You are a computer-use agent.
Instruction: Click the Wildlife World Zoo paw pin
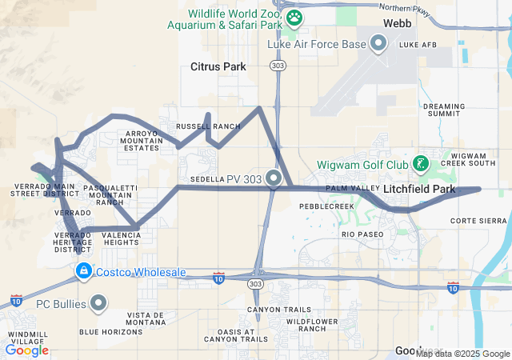click(x=294, y=17)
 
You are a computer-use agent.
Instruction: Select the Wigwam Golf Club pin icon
click(x=419, y=165)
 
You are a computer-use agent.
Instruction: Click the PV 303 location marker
click(x=274, y=178)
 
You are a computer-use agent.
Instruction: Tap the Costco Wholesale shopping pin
click(x=83, y=272)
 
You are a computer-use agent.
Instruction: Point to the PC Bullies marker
click(x=98, y=303)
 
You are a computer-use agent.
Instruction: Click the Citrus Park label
click(x=218, y=67)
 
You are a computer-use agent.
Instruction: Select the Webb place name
click(x=398, y=23)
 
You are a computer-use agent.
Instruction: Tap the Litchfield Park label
click(x=419, y=190)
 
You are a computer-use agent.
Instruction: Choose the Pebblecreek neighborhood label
click(x=326, y=206)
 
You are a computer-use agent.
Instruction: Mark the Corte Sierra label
click(x=479, y=220)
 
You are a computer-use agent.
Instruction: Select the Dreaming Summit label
click(x=443, y=110)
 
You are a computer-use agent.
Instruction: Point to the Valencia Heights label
click(x=121, y=238)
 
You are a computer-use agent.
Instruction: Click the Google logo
click(x=26, y=350)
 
